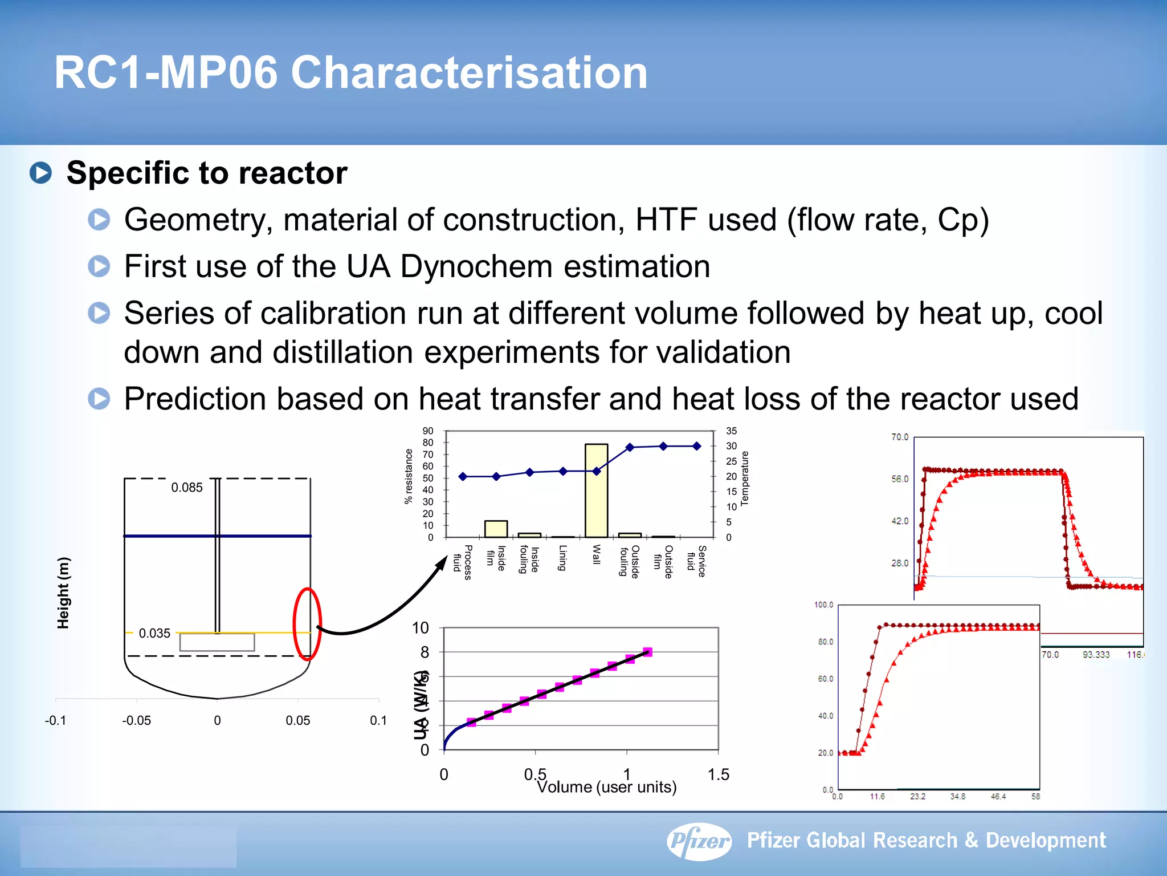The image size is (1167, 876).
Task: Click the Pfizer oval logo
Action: (x=699, y=841)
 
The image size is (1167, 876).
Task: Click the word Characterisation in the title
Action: (x=469, y=73)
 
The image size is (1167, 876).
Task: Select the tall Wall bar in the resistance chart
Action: (x=596, y=490)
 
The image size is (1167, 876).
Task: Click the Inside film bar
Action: (x=496, y=529)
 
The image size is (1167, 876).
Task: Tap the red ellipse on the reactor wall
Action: (x=307, y=624)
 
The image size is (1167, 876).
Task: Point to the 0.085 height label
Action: (x=187, y=488)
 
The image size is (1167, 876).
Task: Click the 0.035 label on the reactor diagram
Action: (x=154, y=634)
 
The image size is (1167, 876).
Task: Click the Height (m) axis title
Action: (x=63, y=593)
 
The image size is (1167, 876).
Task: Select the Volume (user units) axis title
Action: (x=606, y=788)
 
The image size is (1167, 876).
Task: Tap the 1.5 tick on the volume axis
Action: (x=718, y=774)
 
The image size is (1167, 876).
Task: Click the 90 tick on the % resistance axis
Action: (x=428, y=431)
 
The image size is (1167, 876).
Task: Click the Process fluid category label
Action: (x=463, y=562)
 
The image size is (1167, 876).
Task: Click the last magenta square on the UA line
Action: (x=647, y=652)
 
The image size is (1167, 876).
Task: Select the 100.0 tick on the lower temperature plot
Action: (x=823, y=605)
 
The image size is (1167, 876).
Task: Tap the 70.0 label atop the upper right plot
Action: (x=900, y=437)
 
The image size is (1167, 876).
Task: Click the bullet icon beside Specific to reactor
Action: (x=41, y=173)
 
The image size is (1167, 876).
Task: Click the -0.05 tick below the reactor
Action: (x=136, y=721)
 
